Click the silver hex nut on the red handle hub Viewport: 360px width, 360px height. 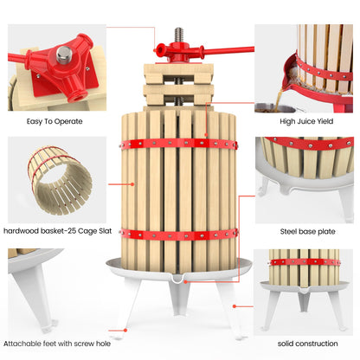61,55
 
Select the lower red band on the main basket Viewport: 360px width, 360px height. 180,234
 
